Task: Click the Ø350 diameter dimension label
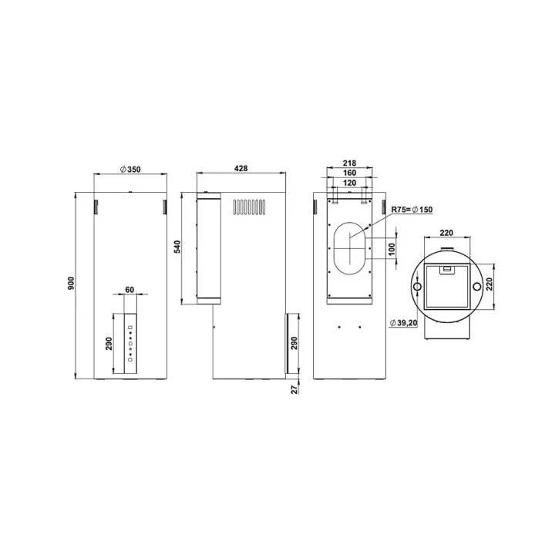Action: [130, 170]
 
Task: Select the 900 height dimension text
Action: [71, 284]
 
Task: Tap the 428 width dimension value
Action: [241, 169]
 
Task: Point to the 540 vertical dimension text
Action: [177, 247]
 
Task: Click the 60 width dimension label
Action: [130, 290]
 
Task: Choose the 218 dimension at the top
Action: [349, 163]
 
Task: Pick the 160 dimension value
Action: [349, 173]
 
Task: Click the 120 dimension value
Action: [349, 183]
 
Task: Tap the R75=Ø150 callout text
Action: [412, 210]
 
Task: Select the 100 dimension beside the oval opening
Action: [392, 249]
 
